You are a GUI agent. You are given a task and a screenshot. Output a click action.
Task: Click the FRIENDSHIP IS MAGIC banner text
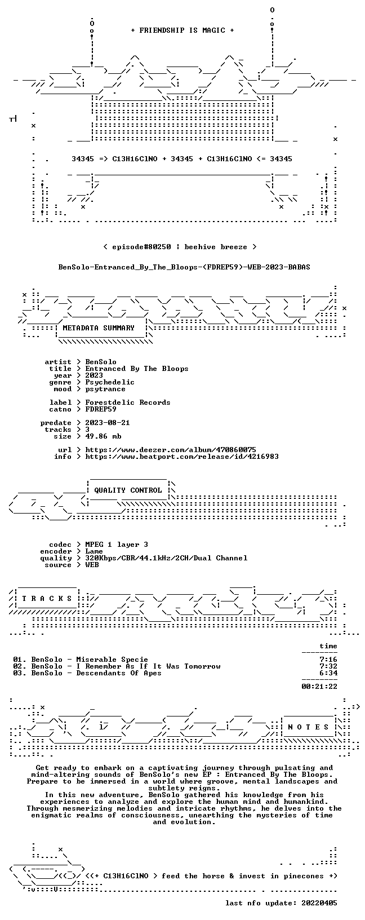[182, 30]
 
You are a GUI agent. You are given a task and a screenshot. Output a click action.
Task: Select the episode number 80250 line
[180, 247]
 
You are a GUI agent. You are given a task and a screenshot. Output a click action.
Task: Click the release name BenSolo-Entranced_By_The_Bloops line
[184, 267]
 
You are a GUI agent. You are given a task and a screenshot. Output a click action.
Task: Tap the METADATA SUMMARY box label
[99, 328]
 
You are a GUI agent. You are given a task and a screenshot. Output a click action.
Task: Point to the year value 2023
[95, 375]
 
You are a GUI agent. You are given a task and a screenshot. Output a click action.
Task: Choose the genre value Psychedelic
[110, 382]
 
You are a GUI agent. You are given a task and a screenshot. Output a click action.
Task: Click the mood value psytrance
[105, 389]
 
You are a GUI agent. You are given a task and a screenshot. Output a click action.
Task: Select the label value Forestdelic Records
[128, 402]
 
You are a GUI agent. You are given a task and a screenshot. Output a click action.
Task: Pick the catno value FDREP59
[101, 409]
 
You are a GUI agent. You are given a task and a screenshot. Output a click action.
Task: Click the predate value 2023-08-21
[108, 423]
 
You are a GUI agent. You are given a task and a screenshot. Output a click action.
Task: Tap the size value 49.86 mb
[104, 436]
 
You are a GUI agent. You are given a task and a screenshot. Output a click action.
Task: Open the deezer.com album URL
[171, 450]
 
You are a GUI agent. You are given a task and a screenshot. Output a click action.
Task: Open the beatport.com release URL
[182, 456]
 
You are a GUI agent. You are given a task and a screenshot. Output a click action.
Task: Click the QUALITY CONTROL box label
[128, 490]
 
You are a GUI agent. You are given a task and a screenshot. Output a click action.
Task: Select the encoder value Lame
[95, 551]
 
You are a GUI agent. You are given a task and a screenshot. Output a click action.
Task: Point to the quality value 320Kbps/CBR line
[166, 558]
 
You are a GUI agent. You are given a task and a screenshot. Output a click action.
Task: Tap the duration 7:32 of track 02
[328, 666]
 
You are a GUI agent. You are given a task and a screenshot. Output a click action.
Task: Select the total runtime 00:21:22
[319, 686]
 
